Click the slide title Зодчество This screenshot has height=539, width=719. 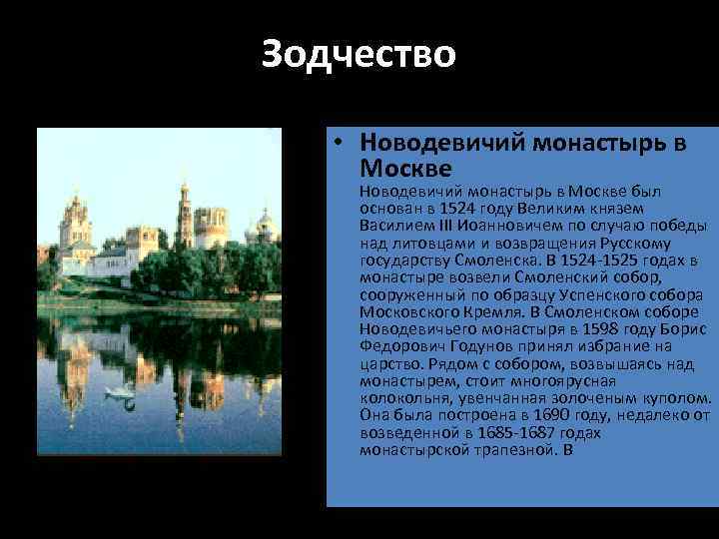pyautogui.click(x=359, y=54)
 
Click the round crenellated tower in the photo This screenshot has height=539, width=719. pyautogui.click(x=212, y=227)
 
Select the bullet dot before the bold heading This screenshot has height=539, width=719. pyautogui.click(x=341, y=143)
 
